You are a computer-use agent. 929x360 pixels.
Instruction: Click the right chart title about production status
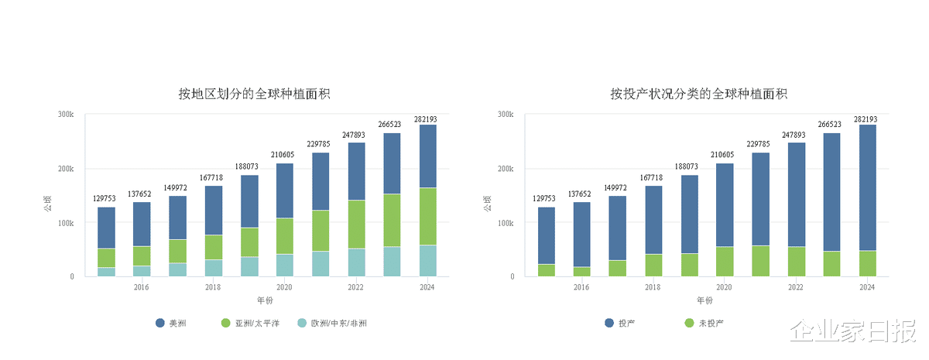tap(698, 94)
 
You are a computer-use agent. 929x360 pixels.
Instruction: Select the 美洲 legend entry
tap(171, 323)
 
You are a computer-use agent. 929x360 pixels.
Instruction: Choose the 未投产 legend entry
tap(704, 323)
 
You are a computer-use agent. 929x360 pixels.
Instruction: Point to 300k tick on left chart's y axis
tap(65, 115)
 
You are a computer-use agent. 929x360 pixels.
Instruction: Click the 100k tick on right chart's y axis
tap(505, 223)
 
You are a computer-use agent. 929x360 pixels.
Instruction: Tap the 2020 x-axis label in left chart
tap(284, 287)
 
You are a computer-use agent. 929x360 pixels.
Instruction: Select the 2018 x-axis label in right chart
tap(653, 287)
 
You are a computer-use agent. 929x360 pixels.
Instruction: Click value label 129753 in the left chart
tap(106, 199)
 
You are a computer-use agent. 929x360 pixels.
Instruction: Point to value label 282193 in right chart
tap(867, 119)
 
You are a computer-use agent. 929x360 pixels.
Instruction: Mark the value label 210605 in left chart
tap(284, 155)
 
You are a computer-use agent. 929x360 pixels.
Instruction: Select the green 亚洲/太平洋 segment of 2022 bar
tap(356, 224)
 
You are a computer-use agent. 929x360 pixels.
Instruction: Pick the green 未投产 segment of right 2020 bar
tap(725, 262)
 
